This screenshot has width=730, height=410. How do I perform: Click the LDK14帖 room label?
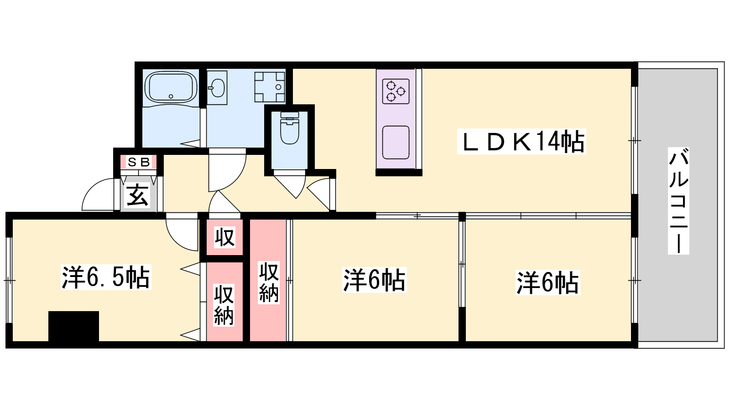click(x=521, y=142)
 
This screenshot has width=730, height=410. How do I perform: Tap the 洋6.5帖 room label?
click(x=106, y=277)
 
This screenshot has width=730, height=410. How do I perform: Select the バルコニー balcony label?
click(x=678, y=201)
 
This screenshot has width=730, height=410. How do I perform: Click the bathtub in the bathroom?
click(x=171, y=87)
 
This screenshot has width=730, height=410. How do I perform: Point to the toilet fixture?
click(x=289, y=128)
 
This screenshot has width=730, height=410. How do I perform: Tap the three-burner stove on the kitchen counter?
click(x=396, y=91)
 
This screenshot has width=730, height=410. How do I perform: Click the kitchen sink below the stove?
click(x=396, y=143)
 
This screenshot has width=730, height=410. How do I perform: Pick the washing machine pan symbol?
click(x=270, y=87)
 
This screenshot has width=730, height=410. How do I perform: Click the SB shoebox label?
click(x=139, y=162)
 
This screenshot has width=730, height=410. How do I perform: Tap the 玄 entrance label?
click(x=137, y=195)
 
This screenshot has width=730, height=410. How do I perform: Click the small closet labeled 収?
click(x=225, y=237)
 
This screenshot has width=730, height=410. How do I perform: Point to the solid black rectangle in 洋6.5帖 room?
click(x=73, y=326)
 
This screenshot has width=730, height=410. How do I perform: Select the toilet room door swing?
click(x=290, y=185)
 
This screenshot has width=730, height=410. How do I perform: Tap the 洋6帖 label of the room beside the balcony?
click(x=547, y=282)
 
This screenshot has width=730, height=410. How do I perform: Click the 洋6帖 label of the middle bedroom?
click(x=374, y=280)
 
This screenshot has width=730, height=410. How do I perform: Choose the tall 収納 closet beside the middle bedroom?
click(x=268, y=280)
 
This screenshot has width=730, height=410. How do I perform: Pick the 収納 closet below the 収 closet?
click(x=225, y=302)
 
